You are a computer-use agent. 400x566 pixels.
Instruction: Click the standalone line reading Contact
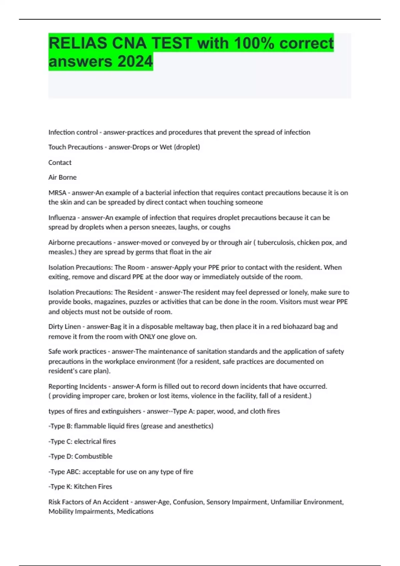click(60, 162)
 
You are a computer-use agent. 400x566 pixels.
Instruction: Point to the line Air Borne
click(62, 177)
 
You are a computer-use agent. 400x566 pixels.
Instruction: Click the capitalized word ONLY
click(147, 337)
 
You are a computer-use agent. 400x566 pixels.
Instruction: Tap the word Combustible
click(93, 456)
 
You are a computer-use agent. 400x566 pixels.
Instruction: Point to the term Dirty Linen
click(65, 327)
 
